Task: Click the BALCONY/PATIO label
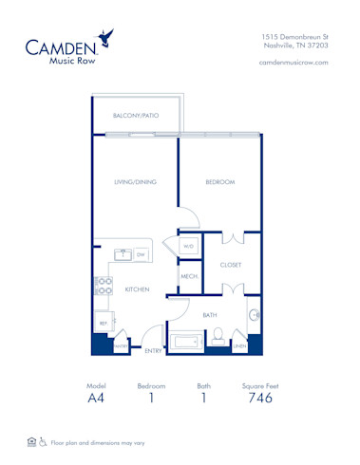tap(136, 116)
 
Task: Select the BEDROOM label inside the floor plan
tap(220, 181)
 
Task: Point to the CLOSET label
tap(231, 266)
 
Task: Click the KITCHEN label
tap(138, 289)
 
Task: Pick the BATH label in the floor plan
tap(210, 314)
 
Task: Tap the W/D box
tap(188, 247)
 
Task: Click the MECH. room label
tap(188, 277)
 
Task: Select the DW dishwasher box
tap(141, 254)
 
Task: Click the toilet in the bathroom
tap(218, 334)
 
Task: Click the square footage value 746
tap(258, 399)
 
